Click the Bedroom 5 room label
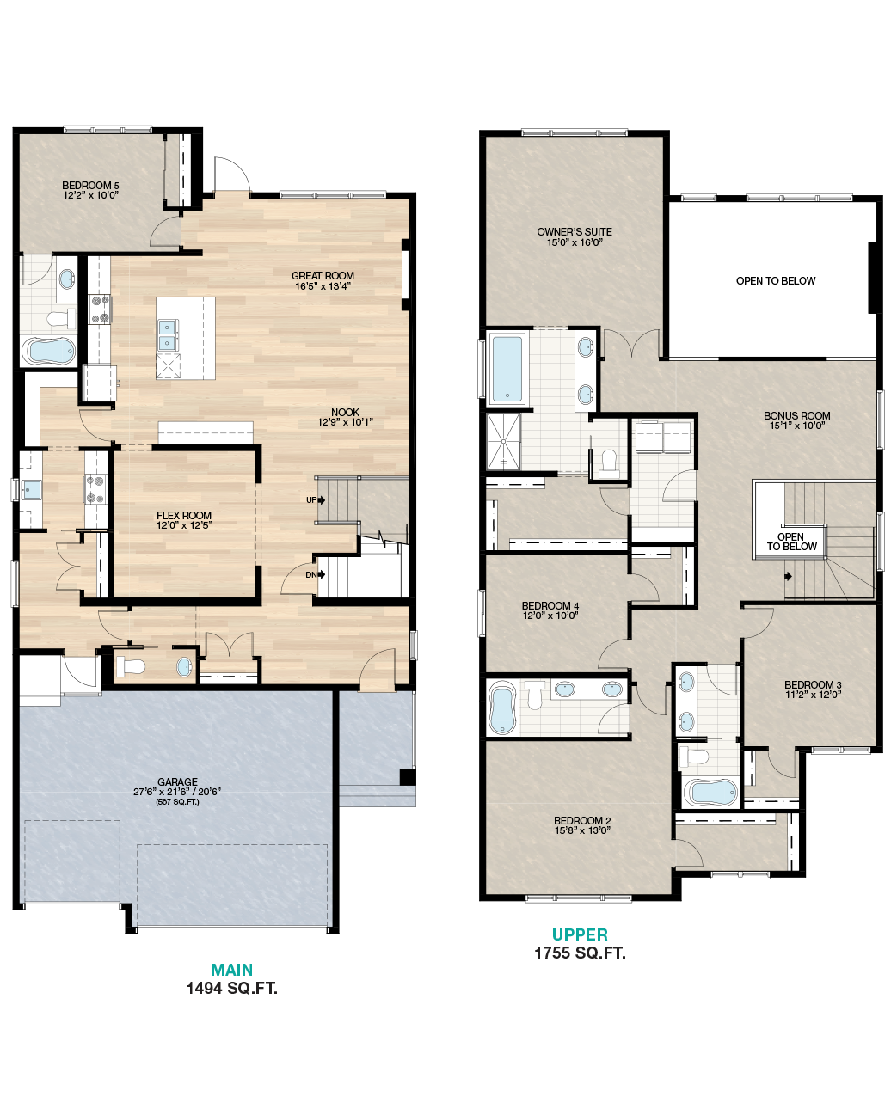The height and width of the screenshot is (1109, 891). tap(90, 185)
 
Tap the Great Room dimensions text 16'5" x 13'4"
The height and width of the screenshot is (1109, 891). tap(323, 286)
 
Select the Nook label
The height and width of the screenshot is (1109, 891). tap(345, 412)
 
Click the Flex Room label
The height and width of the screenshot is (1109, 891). tap(184, 515)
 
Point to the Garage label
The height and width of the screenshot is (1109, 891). tap(177, 781)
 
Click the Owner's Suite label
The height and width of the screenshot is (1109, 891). tap(575, 231)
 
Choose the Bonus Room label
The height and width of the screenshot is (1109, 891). tap(796, 415)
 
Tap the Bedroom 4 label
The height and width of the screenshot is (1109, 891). tap(550, 605)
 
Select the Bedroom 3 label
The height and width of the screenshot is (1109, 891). tap(813, 684)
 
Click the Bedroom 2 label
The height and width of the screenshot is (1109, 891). tap(582, 820)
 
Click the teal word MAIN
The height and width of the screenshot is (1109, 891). tap(232, 970)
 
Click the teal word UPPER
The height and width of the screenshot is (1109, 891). tap(580, 934)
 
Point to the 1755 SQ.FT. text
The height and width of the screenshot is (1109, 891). tap(580, 953)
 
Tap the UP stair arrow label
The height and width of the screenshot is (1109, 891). tap(310, 499)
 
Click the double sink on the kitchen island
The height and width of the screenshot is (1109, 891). tap(168, 334)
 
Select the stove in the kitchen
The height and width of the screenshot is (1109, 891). tap(95, 490)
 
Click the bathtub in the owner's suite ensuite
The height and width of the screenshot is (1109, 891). tap(507, 369)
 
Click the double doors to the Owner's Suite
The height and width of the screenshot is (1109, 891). tap(630, 345)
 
